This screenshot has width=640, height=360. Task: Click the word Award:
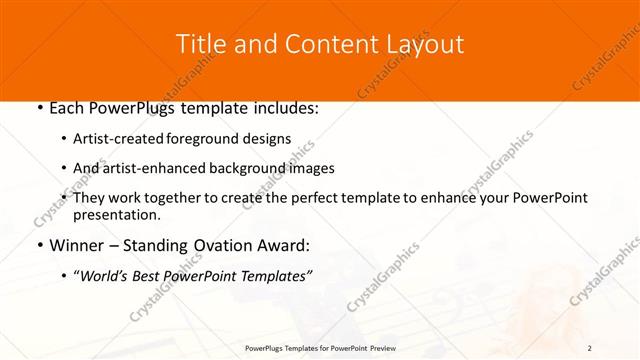pyautogui.click(x=284, y=245)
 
